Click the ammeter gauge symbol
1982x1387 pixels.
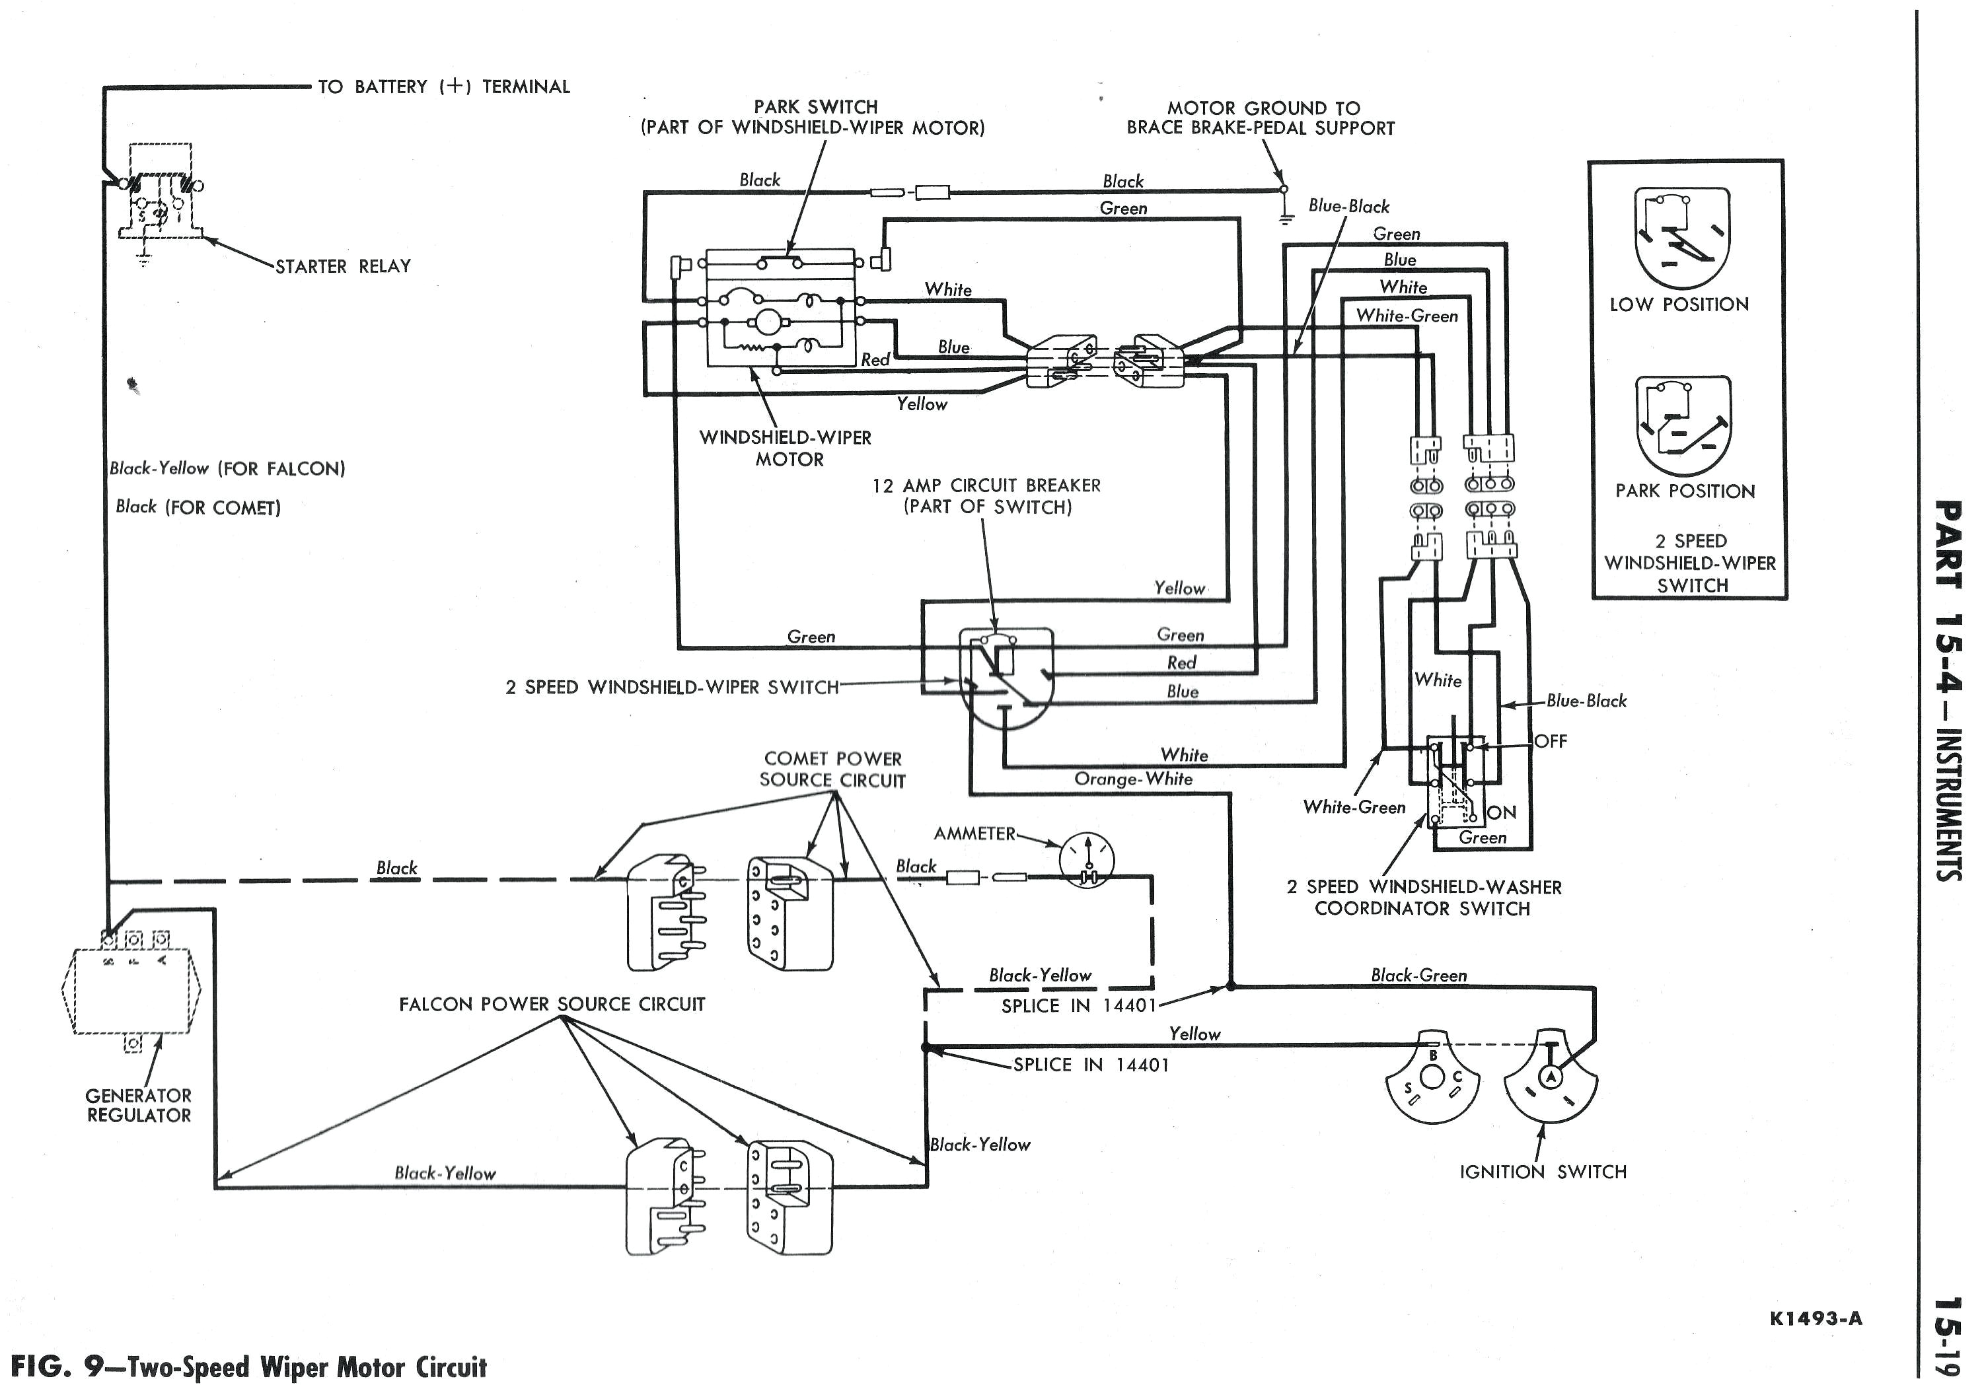point(1086,859)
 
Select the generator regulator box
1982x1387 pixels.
point(131,991)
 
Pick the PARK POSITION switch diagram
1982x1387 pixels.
point(1683,427)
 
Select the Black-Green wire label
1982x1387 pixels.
point(1418,976)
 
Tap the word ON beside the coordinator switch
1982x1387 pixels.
point(1502,812)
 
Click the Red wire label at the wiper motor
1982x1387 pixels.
point(875,360)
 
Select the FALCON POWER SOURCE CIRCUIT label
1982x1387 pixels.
point(552,1005)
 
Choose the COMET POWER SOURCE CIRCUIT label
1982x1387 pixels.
point(832,769)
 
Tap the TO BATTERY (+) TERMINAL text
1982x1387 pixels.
point(444,87)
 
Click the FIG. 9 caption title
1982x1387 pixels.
point(248,1367)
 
